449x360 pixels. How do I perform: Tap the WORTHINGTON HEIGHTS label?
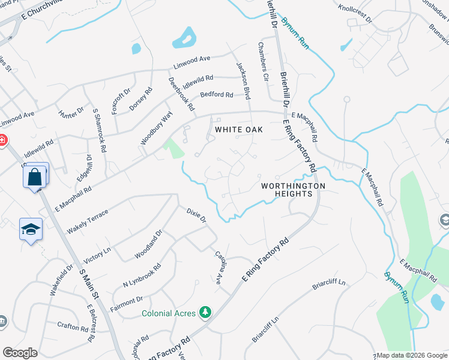pos(293,190)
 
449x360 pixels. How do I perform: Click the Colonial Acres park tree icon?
pos(206,313)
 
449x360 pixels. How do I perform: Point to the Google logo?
pos(20,353)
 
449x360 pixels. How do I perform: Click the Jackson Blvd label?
pos(243,80)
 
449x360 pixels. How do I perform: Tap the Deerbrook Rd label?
pos(181,94)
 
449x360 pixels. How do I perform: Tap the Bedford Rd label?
pos(216,95)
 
